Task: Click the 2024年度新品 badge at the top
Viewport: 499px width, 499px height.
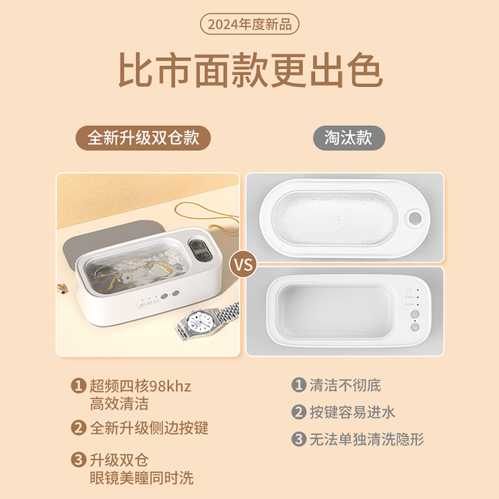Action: (x=249, y=24)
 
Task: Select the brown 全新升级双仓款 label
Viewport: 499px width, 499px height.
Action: (x=143, y=137)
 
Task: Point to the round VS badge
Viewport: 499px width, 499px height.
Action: (x=243, y=264)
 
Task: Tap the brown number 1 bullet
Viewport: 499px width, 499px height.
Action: (x=78, y=386)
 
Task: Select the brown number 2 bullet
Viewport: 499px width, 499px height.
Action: (x=78, y=428)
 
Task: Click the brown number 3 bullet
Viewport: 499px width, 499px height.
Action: (x=78, y=460)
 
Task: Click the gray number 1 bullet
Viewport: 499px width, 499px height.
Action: (x=299, y=385)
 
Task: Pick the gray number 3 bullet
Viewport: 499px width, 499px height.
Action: (x=299, y=439)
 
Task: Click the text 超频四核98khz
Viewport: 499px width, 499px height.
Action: (x=140, y=386)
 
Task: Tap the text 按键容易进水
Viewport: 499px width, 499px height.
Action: (x=352, y=412)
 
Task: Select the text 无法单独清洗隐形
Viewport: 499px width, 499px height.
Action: (x=367, y=439)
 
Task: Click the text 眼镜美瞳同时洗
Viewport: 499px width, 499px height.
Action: (x=142, y=478)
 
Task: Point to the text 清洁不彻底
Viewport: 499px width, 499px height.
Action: (x=346, y=385)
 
